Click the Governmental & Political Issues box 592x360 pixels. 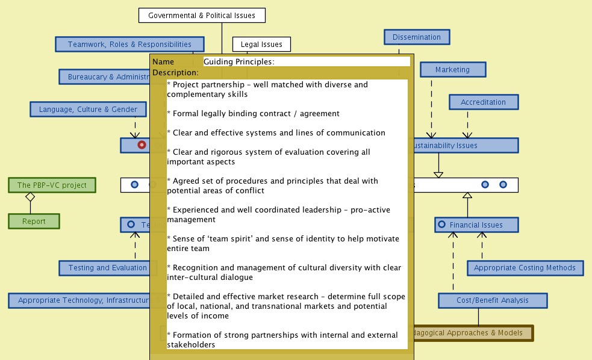202,16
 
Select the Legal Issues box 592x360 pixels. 261,45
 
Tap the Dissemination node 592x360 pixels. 417,37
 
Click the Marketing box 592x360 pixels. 452,70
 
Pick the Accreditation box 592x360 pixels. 483,102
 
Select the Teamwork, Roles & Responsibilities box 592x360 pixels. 129,45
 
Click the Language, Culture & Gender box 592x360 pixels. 88,110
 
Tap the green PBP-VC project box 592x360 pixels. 52,185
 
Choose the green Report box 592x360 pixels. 34,222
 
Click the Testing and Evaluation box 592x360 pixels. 107,268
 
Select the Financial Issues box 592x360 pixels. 476,225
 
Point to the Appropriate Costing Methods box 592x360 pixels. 525,268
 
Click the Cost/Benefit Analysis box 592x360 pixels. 492,300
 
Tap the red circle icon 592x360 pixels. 142,145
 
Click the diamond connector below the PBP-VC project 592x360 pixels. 29,197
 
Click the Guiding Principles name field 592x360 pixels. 306,61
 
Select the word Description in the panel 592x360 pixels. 175,72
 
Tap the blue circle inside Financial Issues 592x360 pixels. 443,225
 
